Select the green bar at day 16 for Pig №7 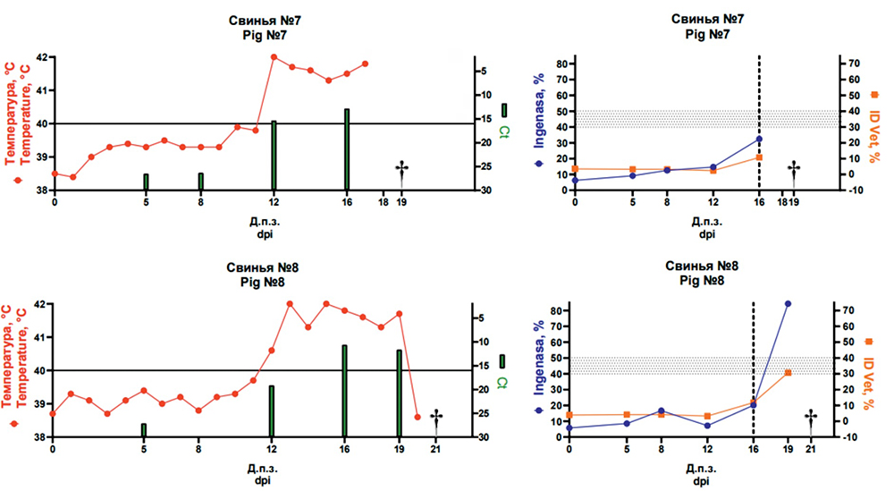(347, 149)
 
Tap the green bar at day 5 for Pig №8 (144, 430)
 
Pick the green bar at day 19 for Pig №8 (399, 394)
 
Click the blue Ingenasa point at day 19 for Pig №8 (788, 304)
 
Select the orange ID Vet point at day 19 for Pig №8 (788, 373)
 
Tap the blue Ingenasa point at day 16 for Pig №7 (759, 139)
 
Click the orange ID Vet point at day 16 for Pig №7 (759, 157)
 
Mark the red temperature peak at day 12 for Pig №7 (274, 57)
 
